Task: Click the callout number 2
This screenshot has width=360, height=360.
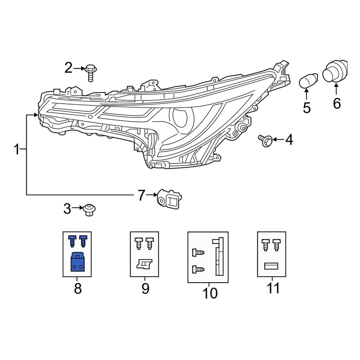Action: tap(68, 68)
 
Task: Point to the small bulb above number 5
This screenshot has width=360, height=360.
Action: tap(309, 81)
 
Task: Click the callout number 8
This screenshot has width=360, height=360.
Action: tap(78, 289)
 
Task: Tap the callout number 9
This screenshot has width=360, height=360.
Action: tap(145, 289)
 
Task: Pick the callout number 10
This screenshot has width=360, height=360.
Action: tap(210, 293)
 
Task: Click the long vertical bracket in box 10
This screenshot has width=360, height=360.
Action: tap(219, 257)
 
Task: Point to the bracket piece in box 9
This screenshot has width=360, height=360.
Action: tap(145, 264)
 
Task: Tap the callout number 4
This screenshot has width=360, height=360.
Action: tap(289, 140)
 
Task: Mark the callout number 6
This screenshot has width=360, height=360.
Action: tap(336, 104)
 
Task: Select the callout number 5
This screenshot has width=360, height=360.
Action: tap(307, 108)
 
